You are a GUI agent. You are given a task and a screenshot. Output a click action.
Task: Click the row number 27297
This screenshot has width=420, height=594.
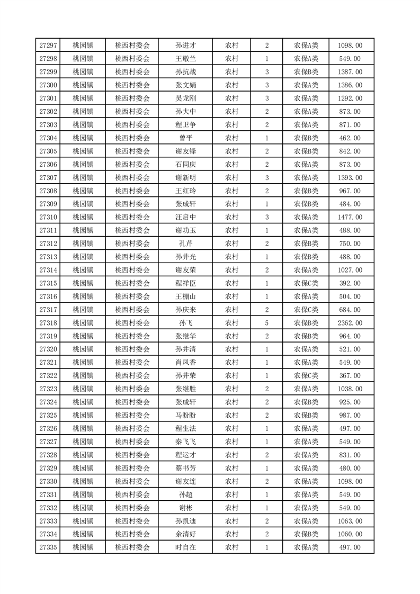click(x=48, y=46)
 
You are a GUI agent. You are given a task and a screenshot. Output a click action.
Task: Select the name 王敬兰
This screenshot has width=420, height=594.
click(x=186, y=59)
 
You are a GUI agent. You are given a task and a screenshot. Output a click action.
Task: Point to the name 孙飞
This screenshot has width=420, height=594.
click(x=186, y=323)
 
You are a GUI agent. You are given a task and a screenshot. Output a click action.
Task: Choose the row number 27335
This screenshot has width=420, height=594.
click(x=48, y=547)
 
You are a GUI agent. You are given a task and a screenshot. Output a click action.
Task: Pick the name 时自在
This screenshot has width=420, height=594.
click(x=186, y=547)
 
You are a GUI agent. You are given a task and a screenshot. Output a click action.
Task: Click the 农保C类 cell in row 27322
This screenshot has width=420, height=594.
click(x=306, y=376)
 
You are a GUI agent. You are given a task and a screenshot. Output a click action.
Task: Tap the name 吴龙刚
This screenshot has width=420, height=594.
click(x=186, y=98)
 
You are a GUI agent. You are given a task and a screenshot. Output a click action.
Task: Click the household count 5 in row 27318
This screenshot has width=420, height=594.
click(x=266, y=323)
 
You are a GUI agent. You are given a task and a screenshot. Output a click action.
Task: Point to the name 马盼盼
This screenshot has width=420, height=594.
click(x=186, y=416)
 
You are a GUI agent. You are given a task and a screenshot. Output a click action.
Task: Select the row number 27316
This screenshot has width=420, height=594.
click(x=48, y=296)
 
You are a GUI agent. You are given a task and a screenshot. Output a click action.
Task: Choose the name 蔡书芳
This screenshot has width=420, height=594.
click(x=186, y=468)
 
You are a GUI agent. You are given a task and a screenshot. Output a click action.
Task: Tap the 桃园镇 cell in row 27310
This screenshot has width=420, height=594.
click(x=83, y=217)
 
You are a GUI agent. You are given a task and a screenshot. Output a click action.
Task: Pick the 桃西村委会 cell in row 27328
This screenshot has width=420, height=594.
click(x=132, y=455)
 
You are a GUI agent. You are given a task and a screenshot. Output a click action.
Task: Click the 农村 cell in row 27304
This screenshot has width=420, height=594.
click(x=231, y=138)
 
